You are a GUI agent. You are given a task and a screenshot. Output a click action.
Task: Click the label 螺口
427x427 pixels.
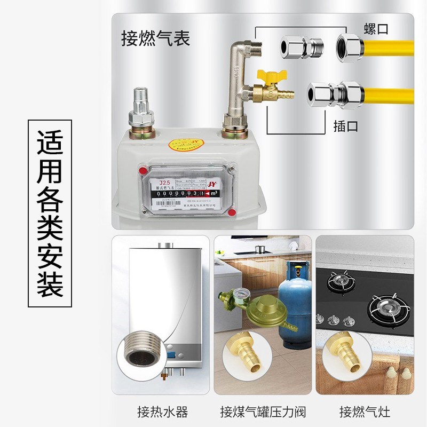click(376, 29)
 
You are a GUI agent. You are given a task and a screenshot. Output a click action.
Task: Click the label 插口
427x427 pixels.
click(346, 126)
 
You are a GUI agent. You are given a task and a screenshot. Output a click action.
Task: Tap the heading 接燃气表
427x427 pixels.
click(155, 39)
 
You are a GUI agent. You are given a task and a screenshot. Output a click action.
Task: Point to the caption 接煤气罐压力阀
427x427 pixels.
click(263, 412)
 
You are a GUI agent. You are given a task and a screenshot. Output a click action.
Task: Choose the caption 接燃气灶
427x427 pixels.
click(365, 412)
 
